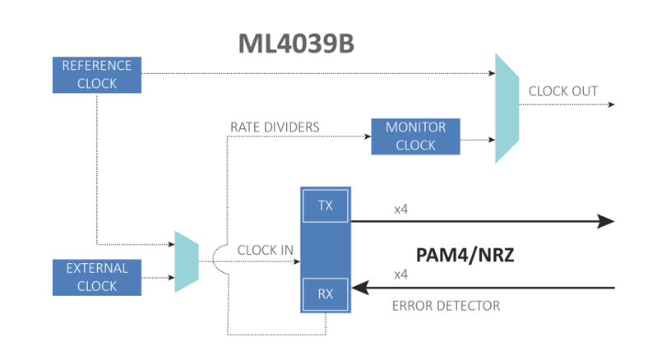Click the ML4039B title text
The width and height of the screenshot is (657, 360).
coord(296,44)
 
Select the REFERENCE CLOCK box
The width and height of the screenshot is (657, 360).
coord(97,74)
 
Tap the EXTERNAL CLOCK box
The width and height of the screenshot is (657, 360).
coord(97,277)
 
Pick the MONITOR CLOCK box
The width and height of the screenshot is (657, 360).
coord(415,136)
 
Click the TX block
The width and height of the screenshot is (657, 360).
coord(326,205)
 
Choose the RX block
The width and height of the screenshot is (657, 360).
coord(326,293)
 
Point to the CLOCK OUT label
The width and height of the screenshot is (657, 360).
coord(563,91)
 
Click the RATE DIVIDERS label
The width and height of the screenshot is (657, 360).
coord(275,127)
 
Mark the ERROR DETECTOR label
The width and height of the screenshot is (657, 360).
coord(446,306)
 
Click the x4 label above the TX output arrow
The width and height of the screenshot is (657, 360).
coord(401,209)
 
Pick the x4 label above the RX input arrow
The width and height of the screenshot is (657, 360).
coord(401,275)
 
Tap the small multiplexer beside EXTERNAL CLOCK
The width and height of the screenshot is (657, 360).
coord(187,262)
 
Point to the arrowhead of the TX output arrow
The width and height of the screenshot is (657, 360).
coord(605,221)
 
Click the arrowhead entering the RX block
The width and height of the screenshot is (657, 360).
coord(359,288)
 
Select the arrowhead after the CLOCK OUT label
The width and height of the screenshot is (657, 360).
coord(611,105)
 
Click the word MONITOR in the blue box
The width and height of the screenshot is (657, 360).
coord(415,127)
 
